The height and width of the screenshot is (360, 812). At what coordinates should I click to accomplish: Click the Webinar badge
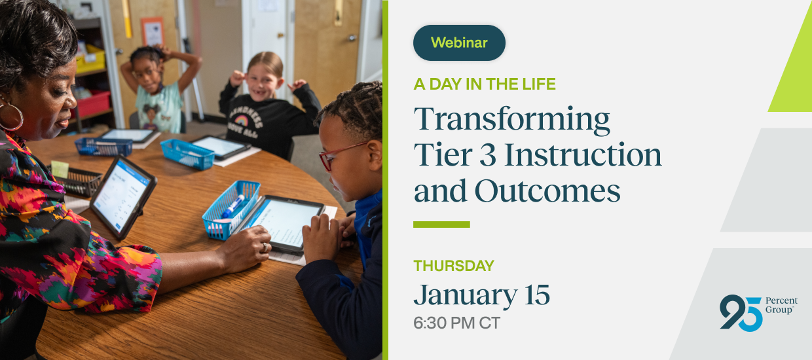point(459,43)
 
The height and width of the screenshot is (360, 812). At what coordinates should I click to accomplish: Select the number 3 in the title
point(488,154)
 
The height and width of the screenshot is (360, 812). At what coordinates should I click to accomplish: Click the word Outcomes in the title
point(547,190)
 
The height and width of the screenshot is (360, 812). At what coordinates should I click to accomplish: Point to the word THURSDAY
point(454,266)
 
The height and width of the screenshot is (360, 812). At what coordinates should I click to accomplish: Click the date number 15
point(537,295)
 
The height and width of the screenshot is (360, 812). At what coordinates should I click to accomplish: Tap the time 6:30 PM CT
point(457,323)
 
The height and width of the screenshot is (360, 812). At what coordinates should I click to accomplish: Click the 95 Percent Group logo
point(758,312)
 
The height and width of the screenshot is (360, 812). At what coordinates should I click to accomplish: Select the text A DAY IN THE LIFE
point(485,84)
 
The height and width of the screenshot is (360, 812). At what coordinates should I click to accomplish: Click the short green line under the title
point(441,225)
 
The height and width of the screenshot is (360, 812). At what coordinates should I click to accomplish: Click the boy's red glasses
point(340,154)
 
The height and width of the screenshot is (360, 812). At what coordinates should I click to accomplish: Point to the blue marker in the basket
point(232,206)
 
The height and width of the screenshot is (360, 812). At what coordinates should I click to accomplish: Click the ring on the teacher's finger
point(265,247)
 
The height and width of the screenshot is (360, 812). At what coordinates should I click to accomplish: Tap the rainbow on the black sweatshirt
point(242,120)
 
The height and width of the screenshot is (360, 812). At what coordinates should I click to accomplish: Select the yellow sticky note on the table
point(60,169)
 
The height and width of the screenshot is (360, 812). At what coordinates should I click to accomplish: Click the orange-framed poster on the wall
point(153,31)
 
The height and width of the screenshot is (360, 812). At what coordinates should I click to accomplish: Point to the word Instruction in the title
point(583,154)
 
